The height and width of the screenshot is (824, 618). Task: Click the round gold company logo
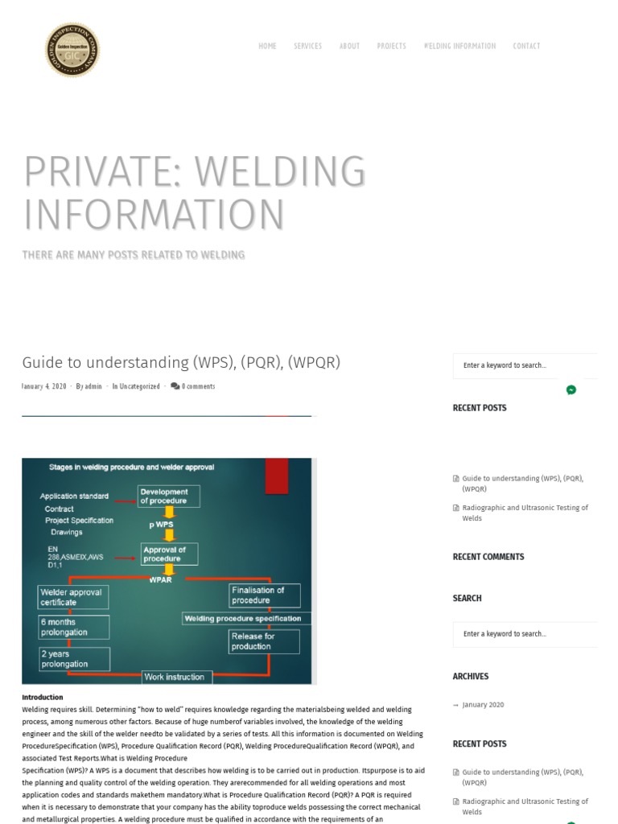tap(72, 50)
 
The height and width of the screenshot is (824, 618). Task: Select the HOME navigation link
tap(267, 46)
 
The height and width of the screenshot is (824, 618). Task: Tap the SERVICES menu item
tap(307, 46)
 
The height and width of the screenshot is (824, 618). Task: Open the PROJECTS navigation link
tap(391, 46)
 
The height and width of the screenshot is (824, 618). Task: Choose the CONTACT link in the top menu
tap(526, 46)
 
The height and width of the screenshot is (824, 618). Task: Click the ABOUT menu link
tap(349, 46)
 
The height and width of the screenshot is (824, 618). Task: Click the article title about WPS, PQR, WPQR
tap(181, 362)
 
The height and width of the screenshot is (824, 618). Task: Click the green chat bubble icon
tap(571, 389)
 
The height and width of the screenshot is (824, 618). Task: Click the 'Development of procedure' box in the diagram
tap(168, 496)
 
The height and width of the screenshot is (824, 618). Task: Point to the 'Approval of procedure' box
tap(168, 554)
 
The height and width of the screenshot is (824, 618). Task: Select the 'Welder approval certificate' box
tap(72, 596)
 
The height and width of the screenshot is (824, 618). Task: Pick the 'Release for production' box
tap(263, 641)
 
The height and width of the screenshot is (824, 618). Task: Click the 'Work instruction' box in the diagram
tap(177, 677)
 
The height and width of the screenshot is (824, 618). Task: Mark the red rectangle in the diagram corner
tap(277, 475)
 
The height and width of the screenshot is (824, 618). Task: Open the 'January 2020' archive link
tap(483, 705)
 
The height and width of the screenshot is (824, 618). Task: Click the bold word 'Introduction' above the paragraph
tap(42, 698)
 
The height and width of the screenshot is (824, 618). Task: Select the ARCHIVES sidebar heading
tap(471, 677)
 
